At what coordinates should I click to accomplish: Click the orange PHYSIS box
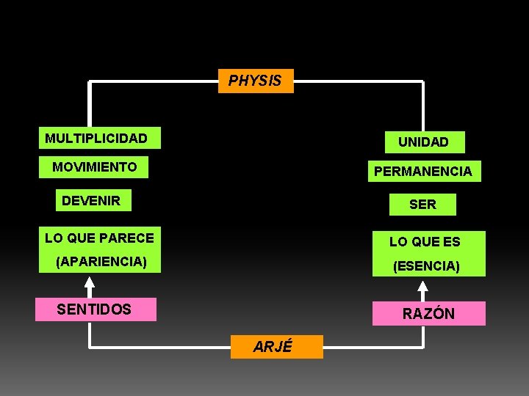click(x=256, y=81)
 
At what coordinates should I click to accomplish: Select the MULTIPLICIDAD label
click(x=98, y=139)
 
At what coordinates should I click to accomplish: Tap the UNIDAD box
click(x=422, y=142)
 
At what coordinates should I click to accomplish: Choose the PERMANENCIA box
click(x=422, y=172)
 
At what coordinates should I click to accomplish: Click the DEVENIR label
click(x=93, y=200)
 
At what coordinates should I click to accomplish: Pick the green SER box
click(x=422, y=205)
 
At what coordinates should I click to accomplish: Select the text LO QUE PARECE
click(x=99, y=238)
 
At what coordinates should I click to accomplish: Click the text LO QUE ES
click(x=425, y=241)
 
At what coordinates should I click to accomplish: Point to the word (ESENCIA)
click(x=426, y=266)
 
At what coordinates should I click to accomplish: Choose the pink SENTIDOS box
click(x=96, y=309)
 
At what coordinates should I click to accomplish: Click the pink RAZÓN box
click(x=428, y=313)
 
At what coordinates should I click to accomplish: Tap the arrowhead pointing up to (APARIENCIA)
click(x=90, y=282)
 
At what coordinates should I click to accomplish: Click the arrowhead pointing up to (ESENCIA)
click(x=423, y=287)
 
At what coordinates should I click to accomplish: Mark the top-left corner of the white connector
click(x=90, y=81)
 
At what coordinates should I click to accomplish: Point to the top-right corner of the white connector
click(x=423, y=81)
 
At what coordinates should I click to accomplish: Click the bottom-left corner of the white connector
click(x=90, y=346)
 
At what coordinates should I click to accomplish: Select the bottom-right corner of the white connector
click(x=423, y=346)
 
